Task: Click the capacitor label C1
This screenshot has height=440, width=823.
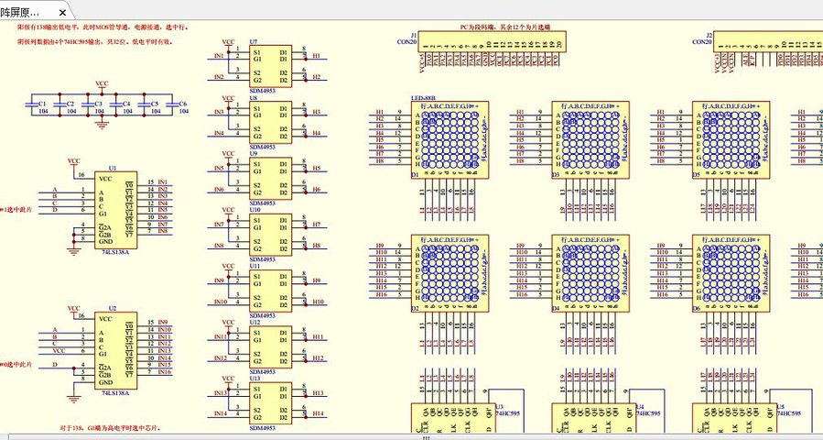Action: [x=43, y=104]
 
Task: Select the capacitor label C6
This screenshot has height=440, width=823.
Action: [x=183, y=104]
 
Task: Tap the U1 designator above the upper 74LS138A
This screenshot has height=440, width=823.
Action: [x=112, y=169]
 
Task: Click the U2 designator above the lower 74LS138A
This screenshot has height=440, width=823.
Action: [x=112, y=309]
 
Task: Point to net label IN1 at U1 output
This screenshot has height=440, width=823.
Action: [x=162, y=182]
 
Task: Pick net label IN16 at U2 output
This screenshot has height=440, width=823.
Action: [x=164, y=372]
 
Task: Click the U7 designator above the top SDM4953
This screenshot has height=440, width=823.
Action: [x=254, y=42]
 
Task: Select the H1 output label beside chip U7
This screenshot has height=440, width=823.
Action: [x=316, y=56]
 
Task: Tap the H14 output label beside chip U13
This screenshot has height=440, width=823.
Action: [x=318, y=413]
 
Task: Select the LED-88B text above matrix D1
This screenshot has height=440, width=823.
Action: [x=423, y=98]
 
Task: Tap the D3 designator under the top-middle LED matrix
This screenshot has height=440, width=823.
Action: [x=556, y=174]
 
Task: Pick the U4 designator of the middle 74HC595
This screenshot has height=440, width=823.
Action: [x=640, y=405]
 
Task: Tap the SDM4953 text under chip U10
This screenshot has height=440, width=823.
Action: [x=264, y=259]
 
